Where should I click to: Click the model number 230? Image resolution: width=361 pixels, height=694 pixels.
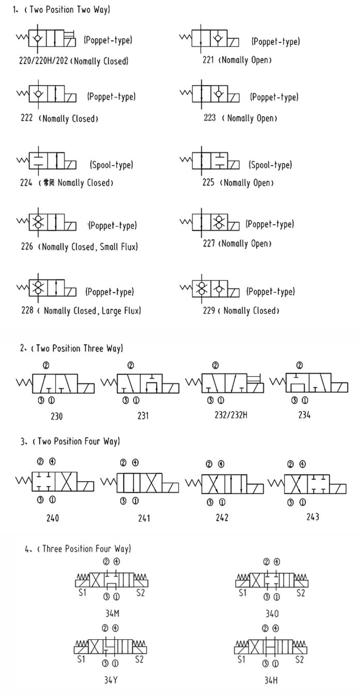57,416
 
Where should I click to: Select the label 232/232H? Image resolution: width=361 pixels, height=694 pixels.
231,415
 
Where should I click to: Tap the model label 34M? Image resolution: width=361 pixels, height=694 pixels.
112,613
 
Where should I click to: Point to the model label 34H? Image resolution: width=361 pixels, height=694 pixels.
271,680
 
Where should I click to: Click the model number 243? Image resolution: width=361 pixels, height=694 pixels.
313,516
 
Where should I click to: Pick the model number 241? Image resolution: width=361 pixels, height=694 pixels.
144,518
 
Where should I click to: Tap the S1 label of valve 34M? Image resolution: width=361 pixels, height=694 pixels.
83,592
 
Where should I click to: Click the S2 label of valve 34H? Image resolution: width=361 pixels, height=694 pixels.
299,659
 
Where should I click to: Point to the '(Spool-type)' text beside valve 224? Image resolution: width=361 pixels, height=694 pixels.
111,164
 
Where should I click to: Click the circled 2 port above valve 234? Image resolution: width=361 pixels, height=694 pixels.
300,365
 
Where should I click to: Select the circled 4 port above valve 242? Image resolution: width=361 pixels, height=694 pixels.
221,464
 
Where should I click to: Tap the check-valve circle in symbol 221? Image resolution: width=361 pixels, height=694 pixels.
218,38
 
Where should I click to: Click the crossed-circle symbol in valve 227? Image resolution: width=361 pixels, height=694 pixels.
219,222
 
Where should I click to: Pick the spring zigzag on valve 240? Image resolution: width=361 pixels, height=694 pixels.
24,481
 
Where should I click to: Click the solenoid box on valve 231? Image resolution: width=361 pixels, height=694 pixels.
171,388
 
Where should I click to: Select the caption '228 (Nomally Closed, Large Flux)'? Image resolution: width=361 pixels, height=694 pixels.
81,310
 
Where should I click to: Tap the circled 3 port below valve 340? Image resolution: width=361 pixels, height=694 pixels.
266,596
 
